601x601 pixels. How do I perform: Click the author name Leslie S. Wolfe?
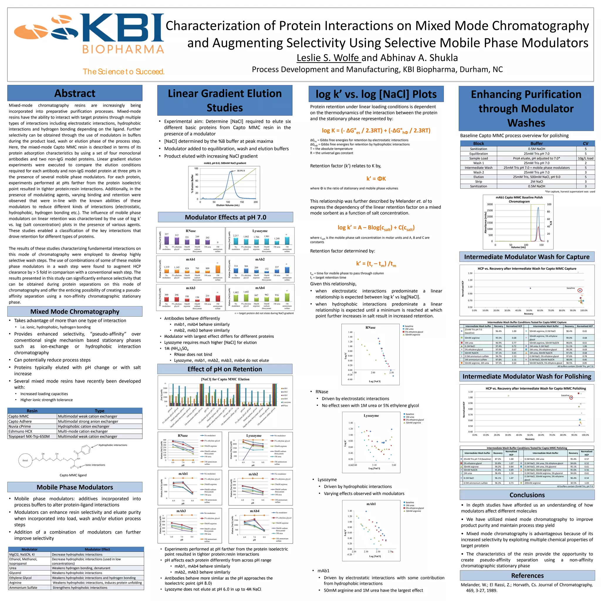click(x=328, y=58)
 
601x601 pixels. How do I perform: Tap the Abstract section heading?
click(x=75, y=93)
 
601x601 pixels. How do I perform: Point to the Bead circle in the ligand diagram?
click(x=25, y=460)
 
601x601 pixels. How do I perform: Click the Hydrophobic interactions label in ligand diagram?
click(x=113, y=445)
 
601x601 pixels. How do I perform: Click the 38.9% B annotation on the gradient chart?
click(x=241, y=171)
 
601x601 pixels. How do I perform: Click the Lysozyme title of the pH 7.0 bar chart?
click(x=260, y=231)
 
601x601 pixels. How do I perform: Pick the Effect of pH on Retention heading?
click(x=224, y=369)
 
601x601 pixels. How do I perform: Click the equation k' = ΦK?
click(x=376, y=178)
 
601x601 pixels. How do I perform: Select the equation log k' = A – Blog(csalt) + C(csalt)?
click(x=376, y=228)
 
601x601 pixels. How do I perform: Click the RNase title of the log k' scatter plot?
click(x=370, y=327)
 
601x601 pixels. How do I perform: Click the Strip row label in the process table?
click(x=478, y=182)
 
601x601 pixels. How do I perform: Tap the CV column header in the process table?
click(x=585, y=144)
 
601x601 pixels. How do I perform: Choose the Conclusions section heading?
click(x=527, y=495)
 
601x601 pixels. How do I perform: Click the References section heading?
click(x=527, y=575)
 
